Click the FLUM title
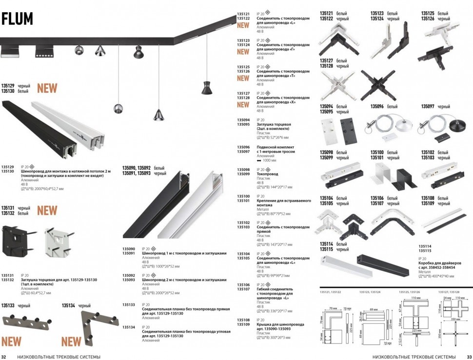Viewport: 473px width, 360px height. coord(18,19)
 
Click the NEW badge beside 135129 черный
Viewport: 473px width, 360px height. coord(47,88)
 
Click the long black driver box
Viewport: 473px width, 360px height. coord(383,263)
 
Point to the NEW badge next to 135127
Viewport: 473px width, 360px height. coord(243,104)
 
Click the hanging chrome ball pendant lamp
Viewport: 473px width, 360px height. coord(118,108)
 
